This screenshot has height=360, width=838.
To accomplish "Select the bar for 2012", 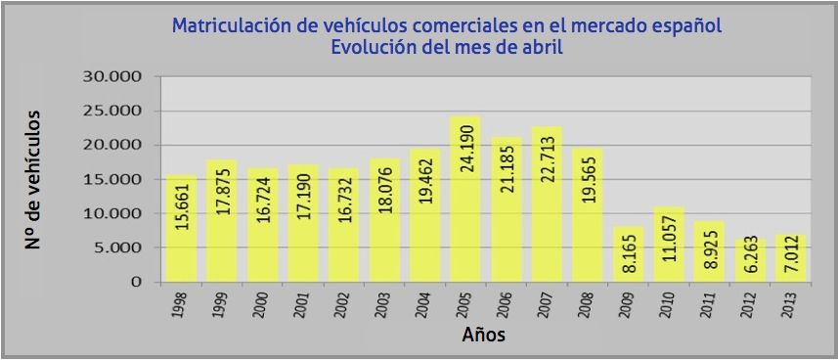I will click(x=751, y=260).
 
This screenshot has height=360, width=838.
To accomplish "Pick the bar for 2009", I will click(x=629, y=254).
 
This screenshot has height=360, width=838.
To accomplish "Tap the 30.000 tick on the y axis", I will click(x=113, y=76).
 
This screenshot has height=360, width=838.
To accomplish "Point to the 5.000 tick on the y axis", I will click(x=118, y=247).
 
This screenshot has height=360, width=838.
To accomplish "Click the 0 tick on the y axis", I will click(x=137, y=282).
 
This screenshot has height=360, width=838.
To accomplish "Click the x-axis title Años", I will click(x=483, y=337).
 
